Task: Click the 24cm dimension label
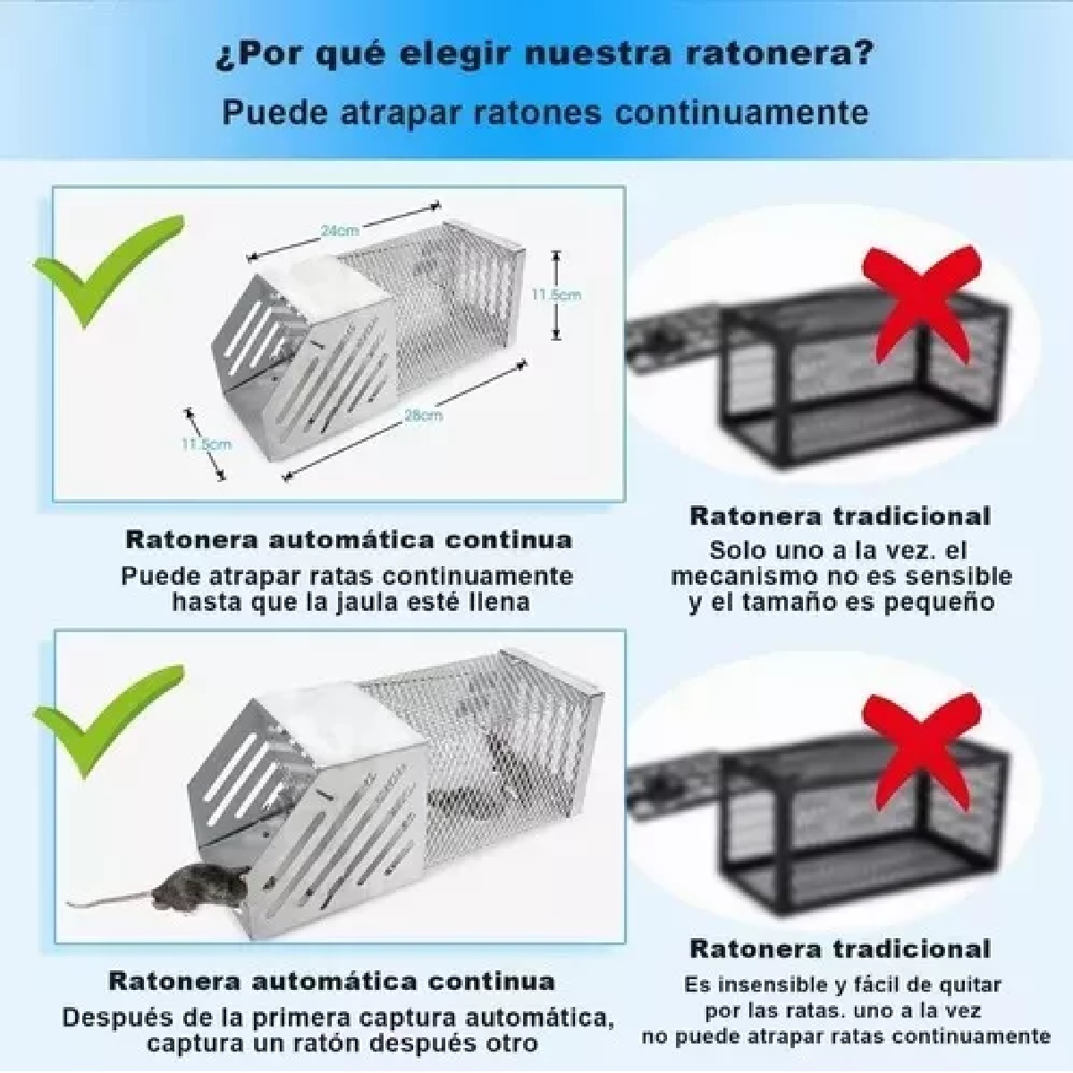point(334,230)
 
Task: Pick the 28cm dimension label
point(423,415)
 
